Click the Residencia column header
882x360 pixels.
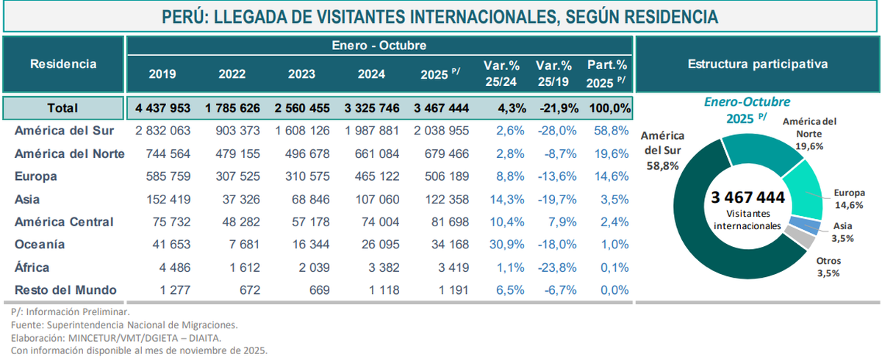click(x=63, y=64)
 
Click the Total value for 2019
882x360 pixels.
click(x=163, y=108)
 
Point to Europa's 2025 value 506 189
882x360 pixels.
click(x=443, y=176)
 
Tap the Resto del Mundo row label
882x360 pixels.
click(x=65, y=290)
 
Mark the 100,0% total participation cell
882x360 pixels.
click(x=609, y=108)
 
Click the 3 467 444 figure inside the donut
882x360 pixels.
click(x=747, y=198)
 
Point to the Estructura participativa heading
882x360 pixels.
click(x=757, y=64)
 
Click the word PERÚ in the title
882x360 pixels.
click(x=184, y=17)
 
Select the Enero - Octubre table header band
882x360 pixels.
click(x=379, y=46)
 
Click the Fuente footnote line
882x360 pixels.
click(x=125, y=324)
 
